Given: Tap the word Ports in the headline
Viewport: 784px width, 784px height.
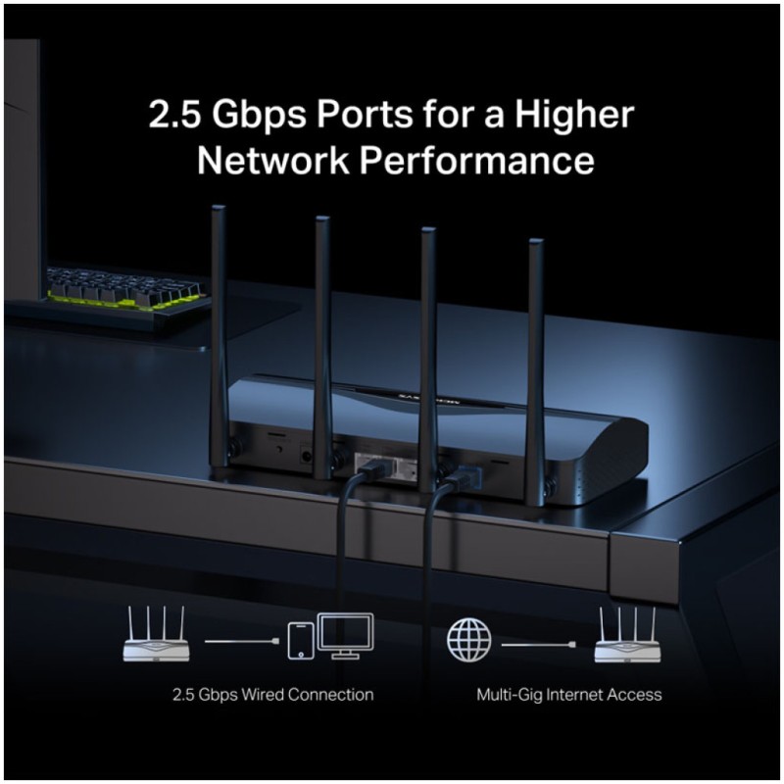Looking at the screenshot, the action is point(365,115).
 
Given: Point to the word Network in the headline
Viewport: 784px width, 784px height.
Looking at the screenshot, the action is point(273,161).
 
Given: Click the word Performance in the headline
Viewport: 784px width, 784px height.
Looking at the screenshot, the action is point(477,161).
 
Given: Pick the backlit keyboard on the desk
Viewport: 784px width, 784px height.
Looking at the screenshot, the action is point(124,287).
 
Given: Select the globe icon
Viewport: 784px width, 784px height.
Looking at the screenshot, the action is point(468,640).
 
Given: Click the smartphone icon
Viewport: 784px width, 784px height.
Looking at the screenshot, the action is point(301,641).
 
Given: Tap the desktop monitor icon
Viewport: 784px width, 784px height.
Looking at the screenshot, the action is point(346,635).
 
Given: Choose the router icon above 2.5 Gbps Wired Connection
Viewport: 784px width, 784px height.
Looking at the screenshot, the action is point(157,634).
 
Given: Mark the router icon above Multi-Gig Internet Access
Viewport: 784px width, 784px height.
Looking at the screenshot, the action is point(627,635).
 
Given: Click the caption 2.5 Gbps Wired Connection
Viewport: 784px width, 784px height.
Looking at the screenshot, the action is point(273,695).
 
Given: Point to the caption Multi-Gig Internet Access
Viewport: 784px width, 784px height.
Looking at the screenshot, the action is point(569,695).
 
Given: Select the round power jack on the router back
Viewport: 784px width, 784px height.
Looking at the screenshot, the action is point(305,456).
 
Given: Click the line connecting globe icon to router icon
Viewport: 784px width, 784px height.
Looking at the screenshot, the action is point(538,645).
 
